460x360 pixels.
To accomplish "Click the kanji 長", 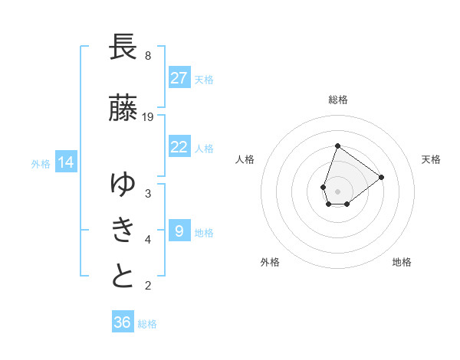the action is pos(123,47).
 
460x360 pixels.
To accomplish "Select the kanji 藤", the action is pos(123,107).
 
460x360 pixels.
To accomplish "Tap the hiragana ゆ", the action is pos(123,184).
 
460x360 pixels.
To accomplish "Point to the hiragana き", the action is pos(123,230).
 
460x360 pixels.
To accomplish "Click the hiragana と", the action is pos(123,275).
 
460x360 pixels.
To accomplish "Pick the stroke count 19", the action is pos(147,117).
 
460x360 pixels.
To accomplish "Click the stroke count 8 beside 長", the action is pos(148,56).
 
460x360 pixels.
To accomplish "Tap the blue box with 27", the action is pos(179,77).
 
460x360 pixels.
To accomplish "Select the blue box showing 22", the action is pos(179,146).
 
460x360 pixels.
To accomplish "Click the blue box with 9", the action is pos(179,230).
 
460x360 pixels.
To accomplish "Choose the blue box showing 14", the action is pos(66,162).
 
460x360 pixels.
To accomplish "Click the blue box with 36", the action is pos(123,321).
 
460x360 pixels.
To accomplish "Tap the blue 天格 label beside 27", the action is pos(204,80).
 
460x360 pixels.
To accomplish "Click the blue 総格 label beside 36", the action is pos(147,324).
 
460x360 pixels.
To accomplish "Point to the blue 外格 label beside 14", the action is pos(41,164).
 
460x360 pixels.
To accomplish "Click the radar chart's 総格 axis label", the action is pos(338,100).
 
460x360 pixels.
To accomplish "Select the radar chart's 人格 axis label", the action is pos(245,159).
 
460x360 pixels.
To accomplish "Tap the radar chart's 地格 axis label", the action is pos(402,262).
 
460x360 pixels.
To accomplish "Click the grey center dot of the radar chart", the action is pos(337,191).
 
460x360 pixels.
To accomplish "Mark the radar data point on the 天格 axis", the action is pos(381,178).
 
